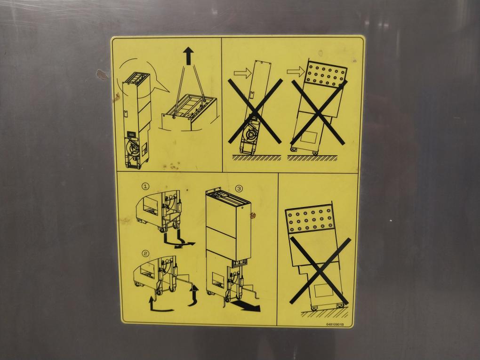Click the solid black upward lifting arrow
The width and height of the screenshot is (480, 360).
tap(189, 56)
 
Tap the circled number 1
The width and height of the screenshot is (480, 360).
tap(146, 186)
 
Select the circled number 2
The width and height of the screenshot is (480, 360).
tap(146, 254)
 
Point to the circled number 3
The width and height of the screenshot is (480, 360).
tap(239, 189)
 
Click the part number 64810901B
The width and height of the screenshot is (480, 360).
tap(335, 325)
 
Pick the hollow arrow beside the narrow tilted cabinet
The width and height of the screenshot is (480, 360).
tap(242, 73)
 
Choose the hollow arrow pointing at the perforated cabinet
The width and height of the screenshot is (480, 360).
tap(296, 72)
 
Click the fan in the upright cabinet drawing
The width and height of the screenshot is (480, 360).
tap(134, 149)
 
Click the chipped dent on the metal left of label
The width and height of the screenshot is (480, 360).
tap(101, 74)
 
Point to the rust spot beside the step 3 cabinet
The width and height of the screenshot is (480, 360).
tap(253, 216)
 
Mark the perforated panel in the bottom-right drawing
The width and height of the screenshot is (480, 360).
tap(310, 218)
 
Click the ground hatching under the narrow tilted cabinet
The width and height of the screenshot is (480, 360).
tap(256, 158)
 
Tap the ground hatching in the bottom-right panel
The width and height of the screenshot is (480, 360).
tap(325, 313)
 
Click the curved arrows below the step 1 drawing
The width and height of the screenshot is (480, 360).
tap(178, 240)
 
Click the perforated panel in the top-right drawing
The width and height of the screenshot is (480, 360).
tap(327, 73)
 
